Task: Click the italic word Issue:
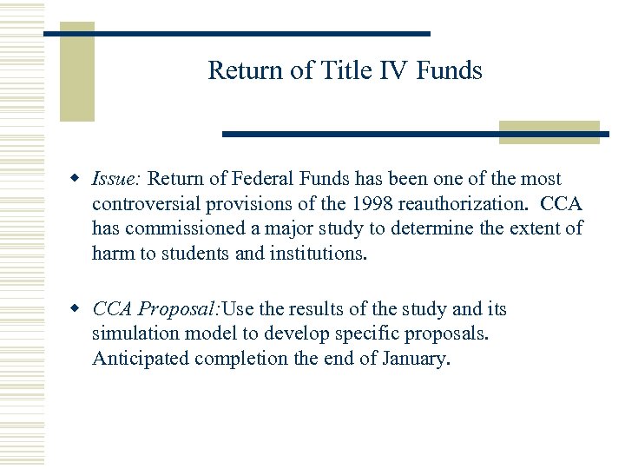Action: tap(117, 179)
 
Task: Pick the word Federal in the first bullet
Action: tap(268, 179)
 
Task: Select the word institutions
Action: tap(319, 254)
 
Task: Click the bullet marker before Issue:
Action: tap(76, 179)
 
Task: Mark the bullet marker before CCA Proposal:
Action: tap(76, 310)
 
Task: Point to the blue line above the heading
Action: tap(236, 33)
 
